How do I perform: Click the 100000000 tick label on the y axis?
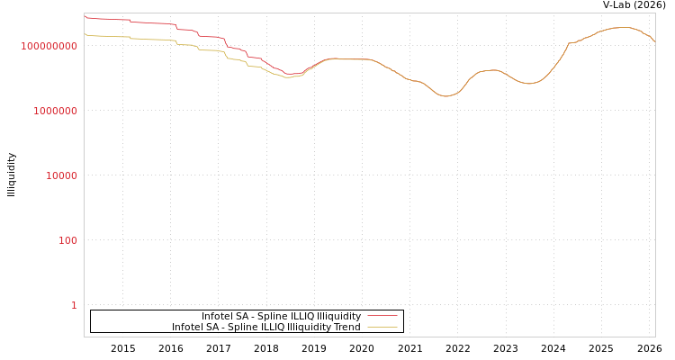pyautogui.click(x=49, y=46)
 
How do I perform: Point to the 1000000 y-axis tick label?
pyautogui.click(x=56, y=111)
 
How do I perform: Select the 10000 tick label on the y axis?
pyautogui.click(x=61, y=175)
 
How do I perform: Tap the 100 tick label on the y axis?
pyautogui.click(x=67, y=240)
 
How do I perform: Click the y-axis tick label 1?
pyautogui.click(x=74, y=305)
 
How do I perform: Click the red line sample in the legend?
pyautogui.click(x=382, y=317)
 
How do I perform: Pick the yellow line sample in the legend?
pyautogui.click(x=382, y=328)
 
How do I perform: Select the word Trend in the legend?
pyautogui.click(x=346, y=328)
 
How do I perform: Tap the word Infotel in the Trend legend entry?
pyautogui.click(x=188, y=328)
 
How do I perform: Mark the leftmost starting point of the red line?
pyautogui.click(x=85, y=16)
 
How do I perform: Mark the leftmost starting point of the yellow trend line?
pyautogui.click(x=85, y=34)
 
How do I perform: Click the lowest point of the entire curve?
pyautogui.click(x=446, y=95)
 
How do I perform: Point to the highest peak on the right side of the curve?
pyautogui.click(x=623, y=27)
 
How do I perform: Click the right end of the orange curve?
pyautogui.click(x=654, y=41)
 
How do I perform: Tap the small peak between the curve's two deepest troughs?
pyautogui.click(x=490, y=69)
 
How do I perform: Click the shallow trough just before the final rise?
pyautogui.click(x=530, y=83)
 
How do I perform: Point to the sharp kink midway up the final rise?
pyautogui.click(x=569, y=42)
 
